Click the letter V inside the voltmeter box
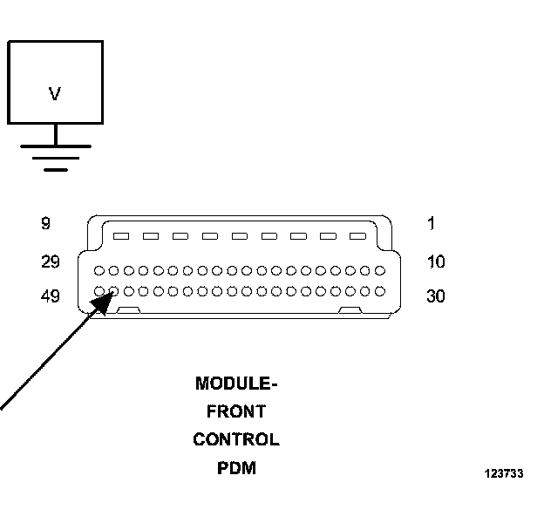[55, 93]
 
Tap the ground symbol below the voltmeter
[56, 158]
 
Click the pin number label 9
[46, 223]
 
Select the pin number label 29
[51, 261]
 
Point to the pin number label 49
[51, 296]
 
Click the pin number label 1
[432, 223]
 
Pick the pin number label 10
[436, 261]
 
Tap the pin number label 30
[436, 296]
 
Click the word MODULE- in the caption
[236, 384]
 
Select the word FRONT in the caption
[236, 411]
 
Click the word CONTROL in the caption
[236, 439]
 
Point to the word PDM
[236, 468]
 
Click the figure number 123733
[504, 473]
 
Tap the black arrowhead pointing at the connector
[102, 302]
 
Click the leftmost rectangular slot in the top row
[121, 236]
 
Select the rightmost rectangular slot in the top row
[357, 236]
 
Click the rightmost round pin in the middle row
[380, 270]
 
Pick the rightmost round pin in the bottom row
[380, 291]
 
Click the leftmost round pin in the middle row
[99, 270]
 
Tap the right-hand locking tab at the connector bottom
[350, 310]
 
